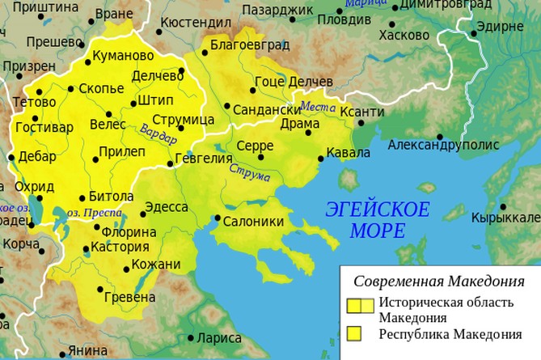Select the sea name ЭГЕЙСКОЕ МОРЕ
377,219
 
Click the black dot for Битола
81,197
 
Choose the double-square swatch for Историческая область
361,306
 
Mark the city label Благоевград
244,46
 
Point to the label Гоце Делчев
293,82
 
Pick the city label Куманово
124,57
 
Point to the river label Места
317,107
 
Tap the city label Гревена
129,298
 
